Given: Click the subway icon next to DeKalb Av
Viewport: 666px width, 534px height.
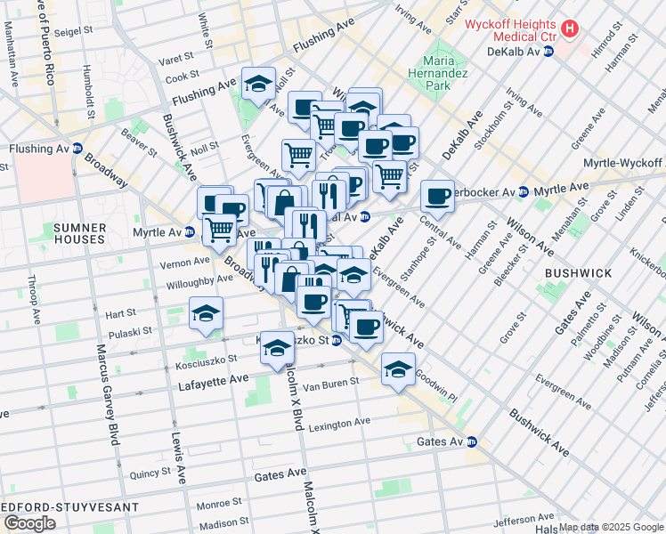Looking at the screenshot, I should [548, 52].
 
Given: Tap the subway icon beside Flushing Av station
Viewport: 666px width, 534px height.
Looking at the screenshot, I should [77, 149].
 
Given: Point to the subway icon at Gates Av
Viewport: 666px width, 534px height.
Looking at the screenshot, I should [473, 441].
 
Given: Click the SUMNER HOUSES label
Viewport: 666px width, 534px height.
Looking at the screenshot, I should [80, 233].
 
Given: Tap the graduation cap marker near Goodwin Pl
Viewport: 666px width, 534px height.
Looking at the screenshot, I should [398, 368].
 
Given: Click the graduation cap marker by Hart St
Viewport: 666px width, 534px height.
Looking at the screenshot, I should [206, 313].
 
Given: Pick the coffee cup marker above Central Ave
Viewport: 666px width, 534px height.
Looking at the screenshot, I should [437, 196].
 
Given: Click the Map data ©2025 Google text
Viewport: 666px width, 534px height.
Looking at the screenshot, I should [611, 527].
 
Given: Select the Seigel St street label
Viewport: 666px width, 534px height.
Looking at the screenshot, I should [75, 31].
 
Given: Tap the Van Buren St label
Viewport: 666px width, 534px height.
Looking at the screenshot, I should [330, 383].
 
